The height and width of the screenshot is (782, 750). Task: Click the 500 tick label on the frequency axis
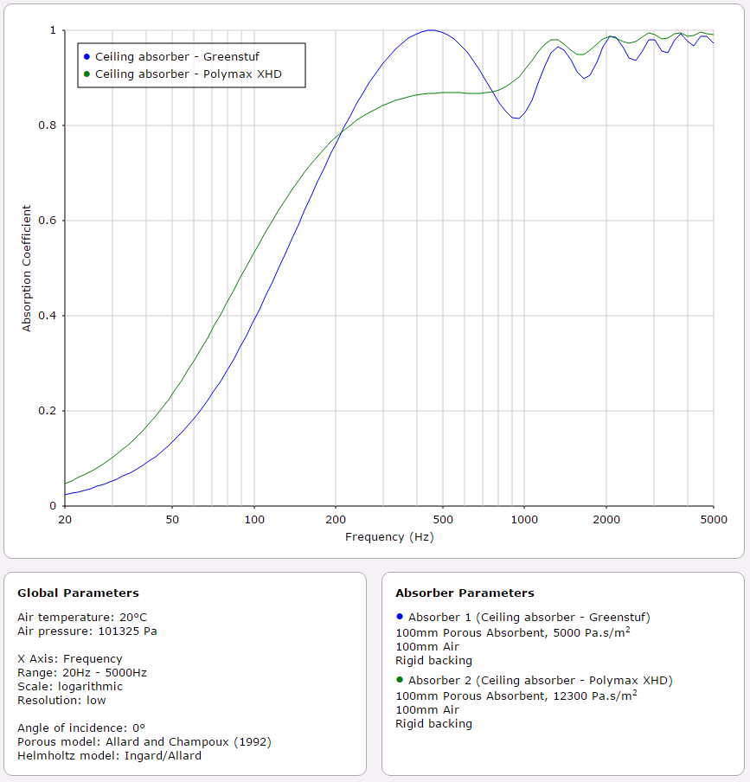442,519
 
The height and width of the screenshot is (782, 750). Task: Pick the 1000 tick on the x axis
523,519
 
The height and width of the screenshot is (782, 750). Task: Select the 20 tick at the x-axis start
64,519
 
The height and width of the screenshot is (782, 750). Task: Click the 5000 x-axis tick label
713,519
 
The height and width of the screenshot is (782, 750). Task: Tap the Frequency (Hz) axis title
389,536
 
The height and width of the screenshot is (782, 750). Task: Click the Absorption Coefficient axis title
26,268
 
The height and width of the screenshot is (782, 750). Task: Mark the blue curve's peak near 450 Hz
431,30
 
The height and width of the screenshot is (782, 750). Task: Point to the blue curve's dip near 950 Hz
516,118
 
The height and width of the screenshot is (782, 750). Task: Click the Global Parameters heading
78,593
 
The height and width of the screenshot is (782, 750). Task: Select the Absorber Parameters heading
465,593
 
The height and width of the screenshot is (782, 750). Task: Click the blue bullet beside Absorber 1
400,617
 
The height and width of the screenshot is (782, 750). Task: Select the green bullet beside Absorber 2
400,680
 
